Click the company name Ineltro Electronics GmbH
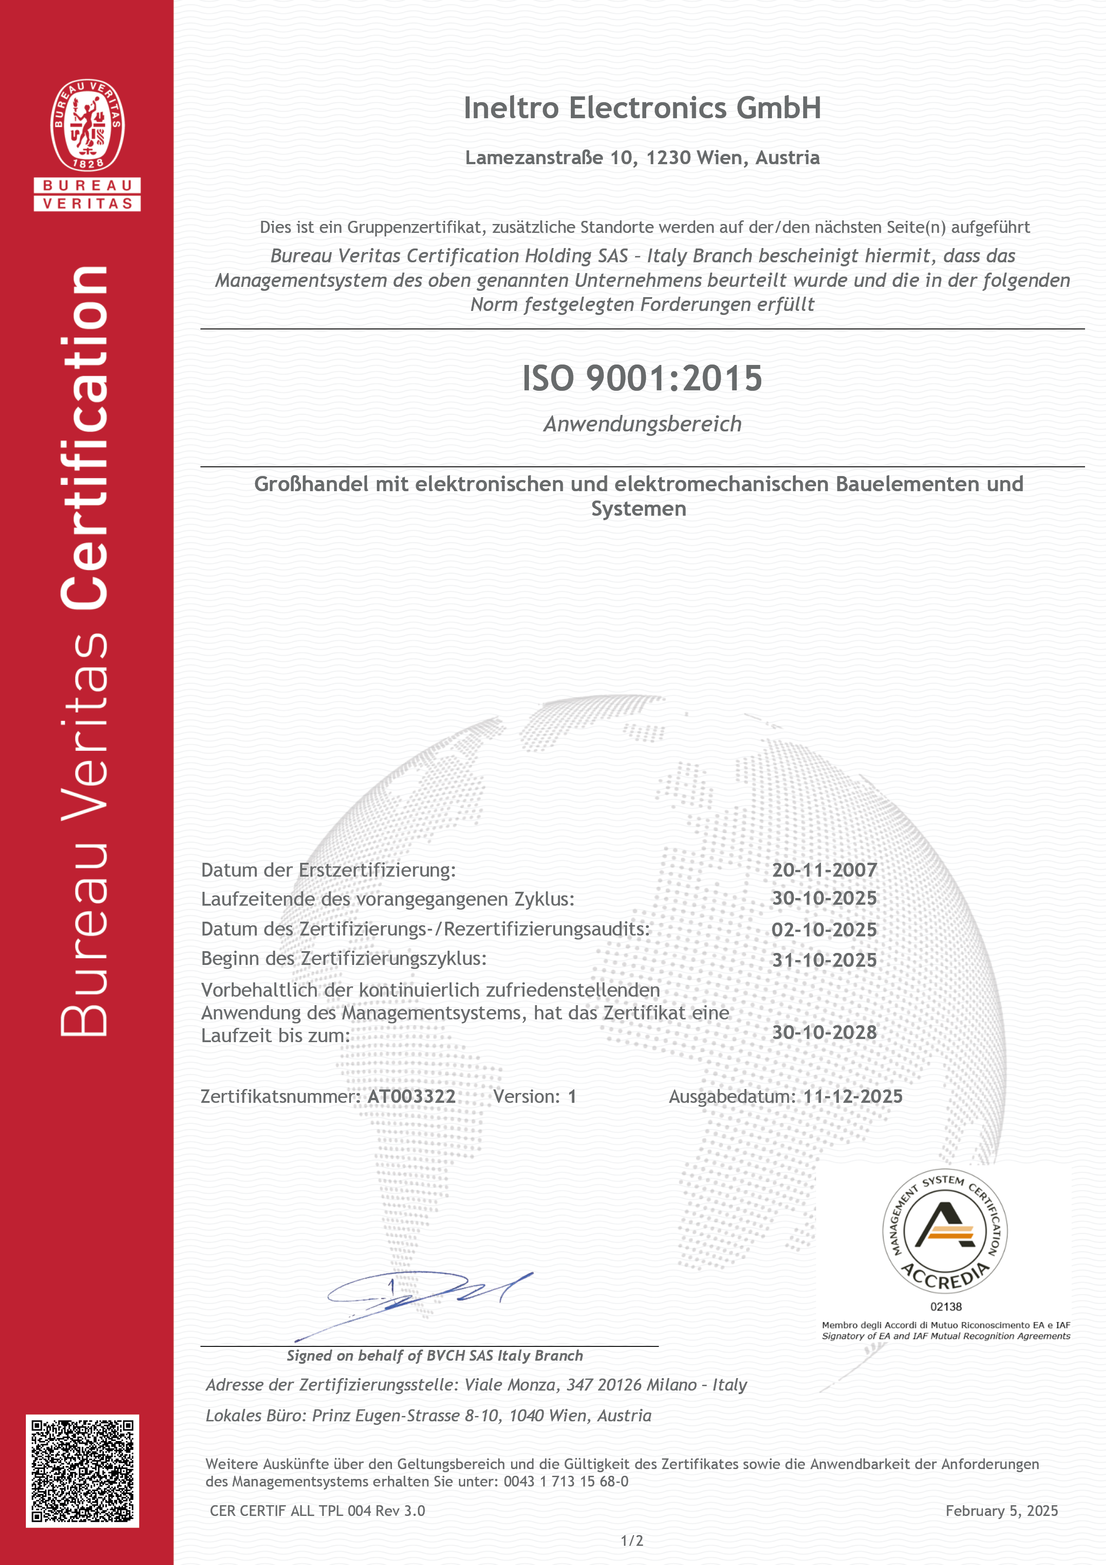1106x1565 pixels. pyautogui.click(x=642, y=108)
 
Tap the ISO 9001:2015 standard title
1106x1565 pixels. pyautogui.click(x=642, y=378)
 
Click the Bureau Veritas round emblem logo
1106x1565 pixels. pyautogui.click(x=87, y=125)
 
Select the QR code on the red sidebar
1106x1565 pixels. pyautogui.click(x=83, y=1471)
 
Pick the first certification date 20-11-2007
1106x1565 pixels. pyautogui.click(x=824, y=870)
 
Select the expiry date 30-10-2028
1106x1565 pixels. pyautogui.click(x=824, y=1032)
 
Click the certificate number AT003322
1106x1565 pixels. pyautogui.click(x=412, y=1096)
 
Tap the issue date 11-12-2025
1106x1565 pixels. pyautogui.click(x=853, y=1096)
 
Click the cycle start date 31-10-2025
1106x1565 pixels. pyautogui.click(x=824, y=960)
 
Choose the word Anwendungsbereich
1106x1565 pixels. pyautogui.click(x=642, y=424)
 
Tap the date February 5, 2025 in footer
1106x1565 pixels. pyautogui.click(x=1001, y=1511)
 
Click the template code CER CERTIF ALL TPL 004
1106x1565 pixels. pyautogui.click(x=290, y=1511)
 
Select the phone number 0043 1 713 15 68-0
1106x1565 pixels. pyautogui.click(x=565, y=1481)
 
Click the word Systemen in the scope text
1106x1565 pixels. pyautogui.click(x=639, y=509)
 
